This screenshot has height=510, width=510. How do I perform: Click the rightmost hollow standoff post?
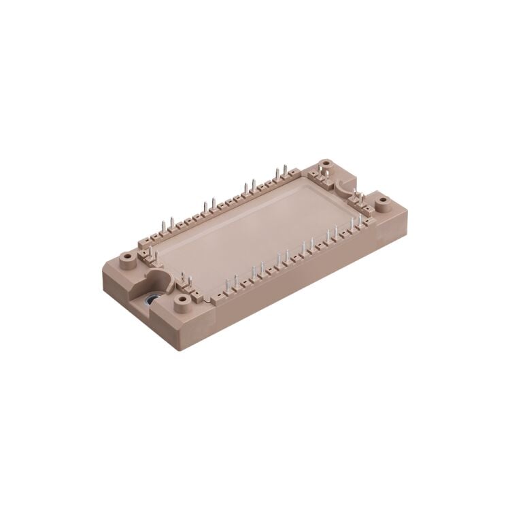pyautogui.click(x=381, y=201)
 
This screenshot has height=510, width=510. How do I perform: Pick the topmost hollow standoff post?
pyautogui.click(x=328, y=163)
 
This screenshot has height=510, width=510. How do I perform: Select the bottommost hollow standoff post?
pyautogui.click(x=182, y=298)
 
